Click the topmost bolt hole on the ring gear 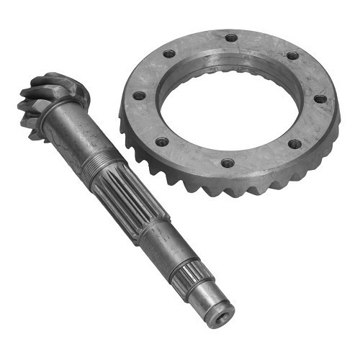click(x=231, y=38)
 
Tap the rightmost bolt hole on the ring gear click(x=320, y=99)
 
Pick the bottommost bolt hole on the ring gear click(x=228, y=163)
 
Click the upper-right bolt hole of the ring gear click(x=292, y=55)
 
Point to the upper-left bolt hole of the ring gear click(x=169, y=53)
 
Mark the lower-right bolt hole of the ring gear click(x=294, y=144)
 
